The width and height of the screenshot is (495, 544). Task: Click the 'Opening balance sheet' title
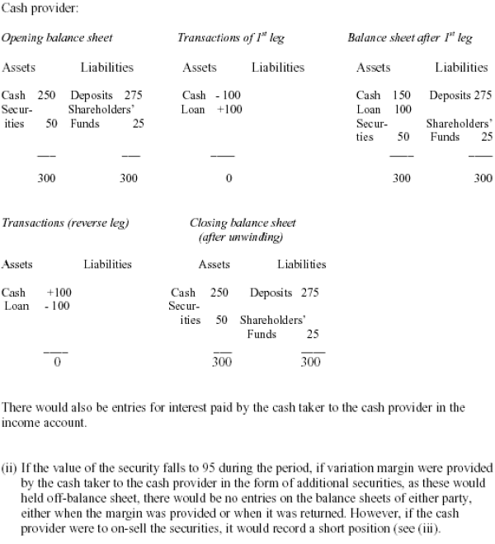(x=57, y=39)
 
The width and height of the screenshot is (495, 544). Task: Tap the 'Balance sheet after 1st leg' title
(x=409, y=39)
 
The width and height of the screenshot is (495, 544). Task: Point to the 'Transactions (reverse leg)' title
(x=65, y=223)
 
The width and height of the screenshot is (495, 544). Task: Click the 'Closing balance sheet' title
(x=243, y=223)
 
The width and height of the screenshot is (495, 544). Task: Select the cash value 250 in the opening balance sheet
(x=47, y=96)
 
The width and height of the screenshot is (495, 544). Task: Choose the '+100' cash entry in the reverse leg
(x=59, y=293)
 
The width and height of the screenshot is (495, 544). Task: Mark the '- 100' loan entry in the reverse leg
(x=59, y=306)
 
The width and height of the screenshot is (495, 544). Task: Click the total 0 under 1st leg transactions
(x=229, y=177)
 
